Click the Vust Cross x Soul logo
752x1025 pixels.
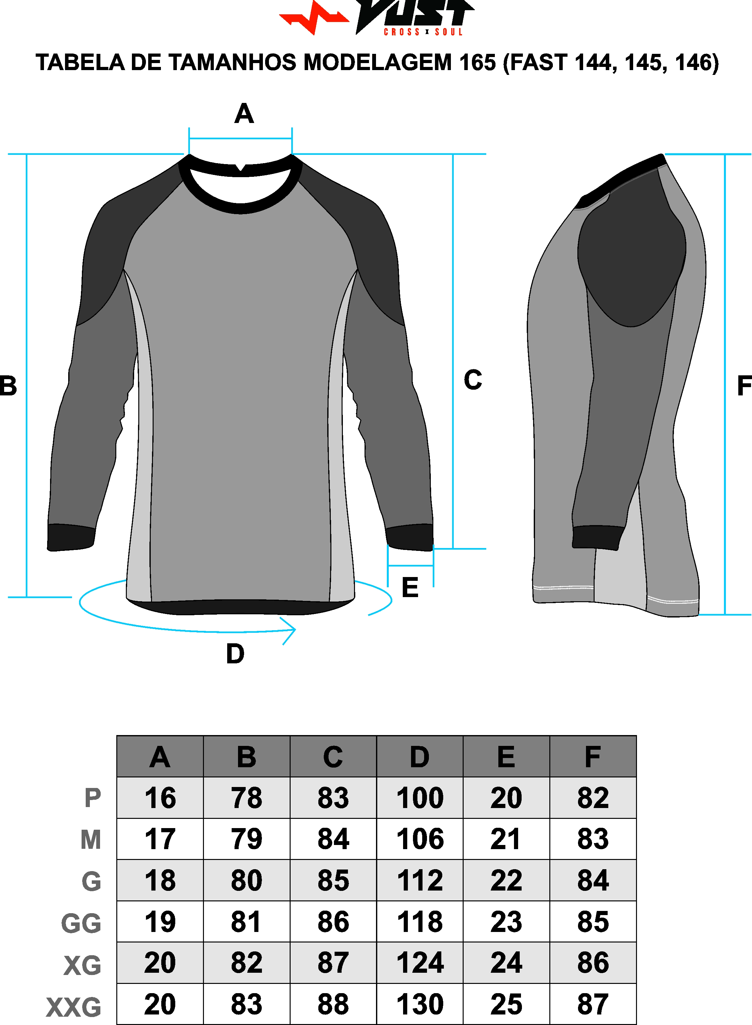(377, 17)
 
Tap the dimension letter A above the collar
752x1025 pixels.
(244, 113)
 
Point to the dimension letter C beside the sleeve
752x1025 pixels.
(473, 379)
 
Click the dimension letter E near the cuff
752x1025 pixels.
(410, 587)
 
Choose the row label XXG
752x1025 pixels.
(74, 1007)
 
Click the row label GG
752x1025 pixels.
(81, 923)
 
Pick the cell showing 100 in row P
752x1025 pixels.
(420, 798)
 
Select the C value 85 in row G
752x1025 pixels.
(333, 881)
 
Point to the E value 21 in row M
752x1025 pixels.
(506, 839)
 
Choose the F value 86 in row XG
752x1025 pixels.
(593, 963)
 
